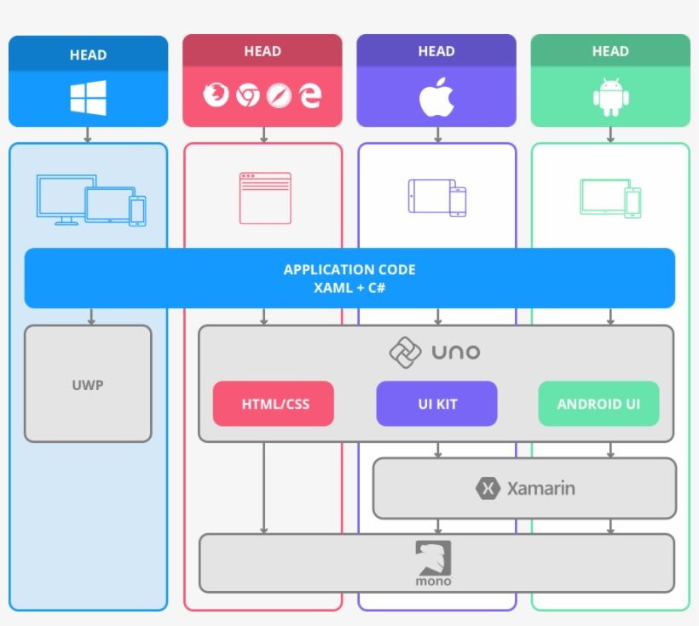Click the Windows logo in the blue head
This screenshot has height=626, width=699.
pos(88,98)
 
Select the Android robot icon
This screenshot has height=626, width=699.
pos(610,97)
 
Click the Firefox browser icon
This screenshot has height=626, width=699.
pos(216,95)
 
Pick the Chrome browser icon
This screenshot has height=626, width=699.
pos(247,95)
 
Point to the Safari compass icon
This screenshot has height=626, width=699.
pos(279,95)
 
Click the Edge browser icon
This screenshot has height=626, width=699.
pos(310,95)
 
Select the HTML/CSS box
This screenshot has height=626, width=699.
pos(274,404)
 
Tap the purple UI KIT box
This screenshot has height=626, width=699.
pos(436,404)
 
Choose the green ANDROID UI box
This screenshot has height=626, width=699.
pos(598,404)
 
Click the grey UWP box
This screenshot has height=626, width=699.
pos(88,384)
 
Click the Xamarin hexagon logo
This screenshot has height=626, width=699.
pos(488,488)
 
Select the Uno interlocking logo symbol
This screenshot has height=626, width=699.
pos(405,352)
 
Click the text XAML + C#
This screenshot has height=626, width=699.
pos(349,288)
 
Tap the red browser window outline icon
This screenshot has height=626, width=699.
pos(264,198)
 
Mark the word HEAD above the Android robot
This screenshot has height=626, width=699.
pos(610,51)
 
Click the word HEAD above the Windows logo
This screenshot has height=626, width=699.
pos(88,55)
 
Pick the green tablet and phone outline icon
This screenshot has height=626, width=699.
pos(610,198)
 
